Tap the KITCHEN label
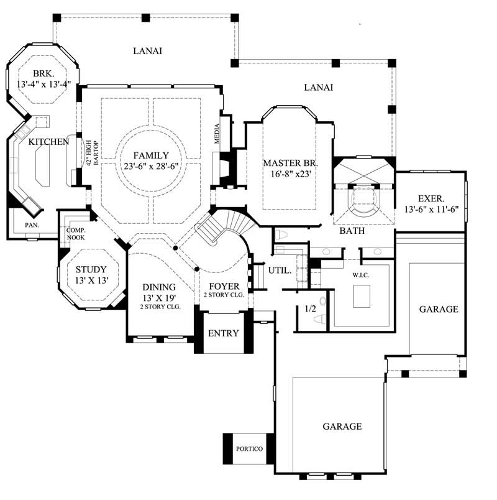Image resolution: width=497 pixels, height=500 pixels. [48, 142]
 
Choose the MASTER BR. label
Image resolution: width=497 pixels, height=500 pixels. [290, 163]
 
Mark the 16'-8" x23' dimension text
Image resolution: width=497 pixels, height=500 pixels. [290, 174]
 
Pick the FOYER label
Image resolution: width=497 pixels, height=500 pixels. [222, 286]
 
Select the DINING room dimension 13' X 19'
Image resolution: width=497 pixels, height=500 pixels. [160, 298]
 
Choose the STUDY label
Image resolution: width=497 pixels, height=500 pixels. [91, 269]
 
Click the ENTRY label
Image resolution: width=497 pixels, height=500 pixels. [223, 333]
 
